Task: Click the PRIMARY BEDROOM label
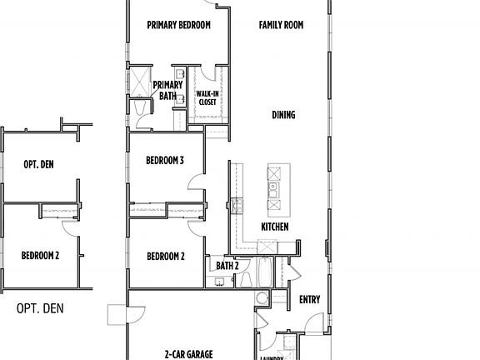point(178,25)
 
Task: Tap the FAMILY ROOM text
point(281,25)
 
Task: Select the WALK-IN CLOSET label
point(207,97)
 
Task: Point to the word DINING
point(283,115)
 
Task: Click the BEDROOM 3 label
point(164,160)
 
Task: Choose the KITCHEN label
point(275,227)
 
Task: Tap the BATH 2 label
point(227,266)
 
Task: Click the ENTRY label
point(310,300)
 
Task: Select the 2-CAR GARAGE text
point(188,353)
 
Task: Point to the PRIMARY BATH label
point(169,90)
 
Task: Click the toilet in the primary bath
point(139,111)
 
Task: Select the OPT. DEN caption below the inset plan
point(40,308)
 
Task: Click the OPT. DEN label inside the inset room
point(38,165)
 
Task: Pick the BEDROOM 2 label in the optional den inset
point(39,255)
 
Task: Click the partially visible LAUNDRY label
point(272,357)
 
